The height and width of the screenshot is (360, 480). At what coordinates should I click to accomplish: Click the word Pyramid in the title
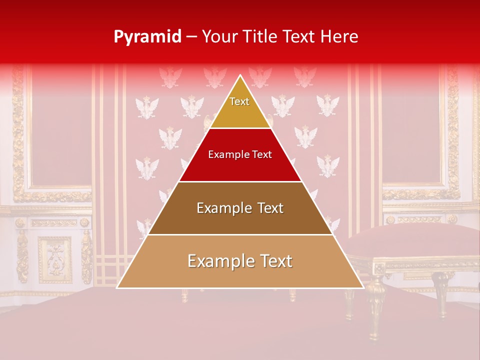tap(147, 37)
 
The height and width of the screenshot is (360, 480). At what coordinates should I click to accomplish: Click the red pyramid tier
tap(240, 167)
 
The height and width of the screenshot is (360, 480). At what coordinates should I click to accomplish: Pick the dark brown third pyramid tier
tap(240, 220)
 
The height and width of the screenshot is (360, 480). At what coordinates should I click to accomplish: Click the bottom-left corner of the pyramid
tap(118, 287)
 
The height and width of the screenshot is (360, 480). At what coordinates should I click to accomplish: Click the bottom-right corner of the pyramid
tap(362, 287)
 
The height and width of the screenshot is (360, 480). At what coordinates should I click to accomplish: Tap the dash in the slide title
tap(191, 37)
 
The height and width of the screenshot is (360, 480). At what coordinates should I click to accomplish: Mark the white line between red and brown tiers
tap(240, 181)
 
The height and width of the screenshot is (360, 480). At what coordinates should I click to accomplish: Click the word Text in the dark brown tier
tap(270, 208)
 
